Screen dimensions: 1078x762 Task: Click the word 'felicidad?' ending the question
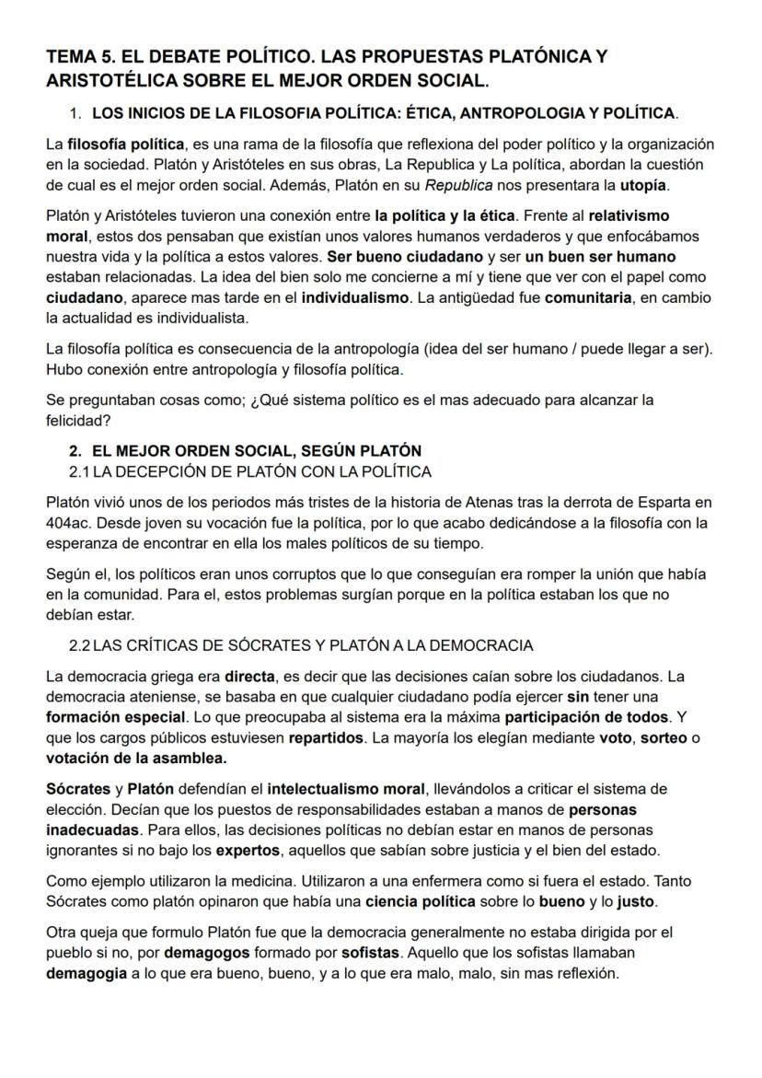coord(78,420)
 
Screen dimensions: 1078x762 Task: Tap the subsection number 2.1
coord(80,472)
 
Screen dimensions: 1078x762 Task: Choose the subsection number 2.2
coord(80,645)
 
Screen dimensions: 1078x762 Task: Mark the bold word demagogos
coord(204,954)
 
